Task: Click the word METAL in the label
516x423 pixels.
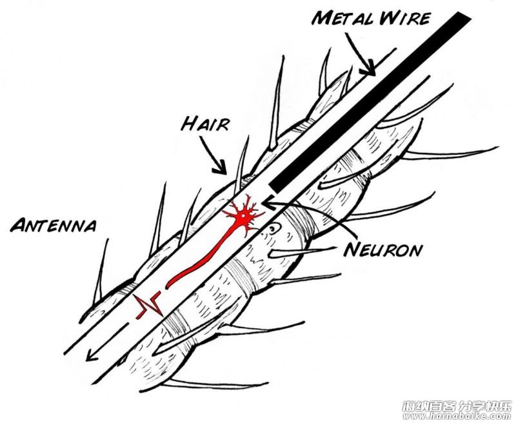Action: [x=342, y=19]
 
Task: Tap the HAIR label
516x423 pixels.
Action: [x=205, y=124]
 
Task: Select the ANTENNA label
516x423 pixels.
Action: [x=54, y=225]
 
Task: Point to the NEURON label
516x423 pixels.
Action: [x=382, y=250]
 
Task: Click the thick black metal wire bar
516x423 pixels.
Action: [x=370, y=103]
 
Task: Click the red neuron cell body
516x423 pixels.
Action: [x=243, y=216]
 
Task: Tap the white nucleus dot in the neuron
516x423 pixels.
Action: [x=243, y=216]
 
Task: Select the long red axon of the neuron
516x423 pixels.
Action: [x=201, y=257]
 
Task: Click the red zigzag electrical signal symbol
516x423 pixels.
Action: [x=148, y=304]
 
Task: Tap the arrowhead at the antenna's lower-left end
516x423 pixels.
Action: [x=91, y=355]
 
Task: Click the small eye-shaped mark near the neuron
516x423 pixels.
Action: [x=273, y=228]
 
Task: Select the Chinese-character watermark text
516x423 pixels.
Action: [x=458, y=406]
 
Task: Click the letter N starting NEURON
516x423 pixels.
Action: [x=351, y=250]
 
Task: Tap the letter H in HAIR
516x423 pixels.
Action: [x=188, y=124]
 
